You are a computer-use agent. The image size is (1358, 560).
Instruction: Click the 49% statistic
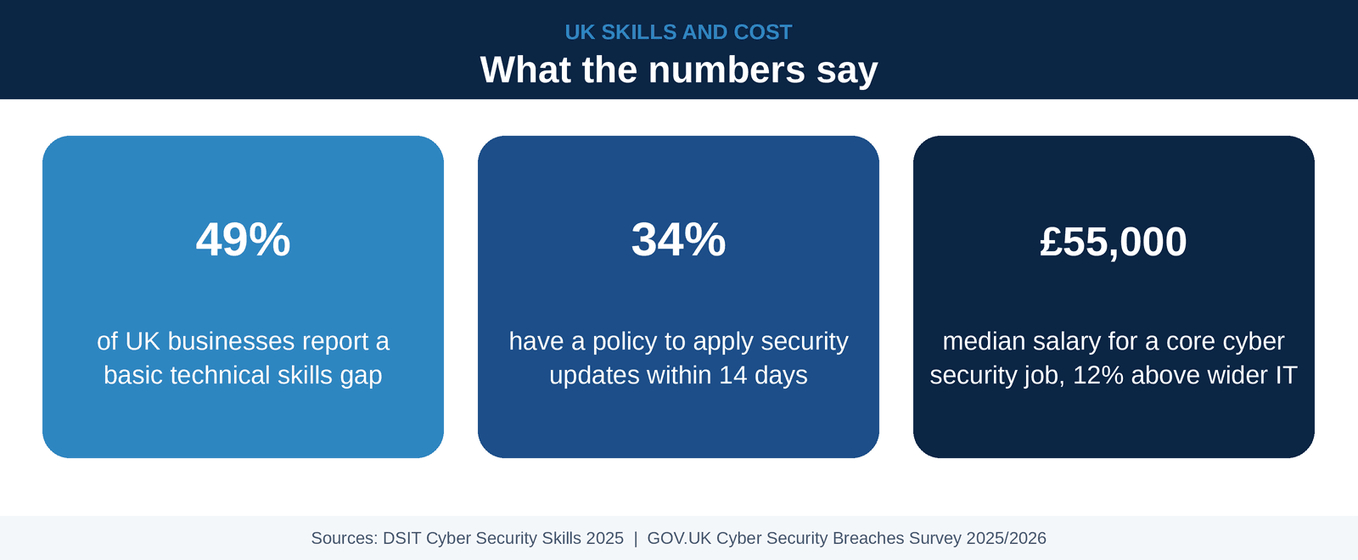pos(243,240)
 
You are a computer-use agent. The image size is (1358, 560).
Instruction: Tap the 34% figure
pos(678,240)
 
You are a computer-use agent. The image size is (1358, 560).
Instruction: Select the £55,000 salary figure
pos(1114,242)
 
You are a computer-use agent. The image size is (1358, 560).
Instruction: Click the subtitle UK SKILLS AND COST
pos(678,32)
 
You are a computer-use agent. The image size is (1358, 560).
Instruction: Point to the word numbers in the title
pos(727,70)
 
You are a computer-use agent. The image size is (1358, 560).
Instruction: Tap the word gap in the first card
pos(362,376)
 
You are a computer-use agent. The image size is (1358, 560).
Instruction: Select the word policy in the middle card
pos(625,342)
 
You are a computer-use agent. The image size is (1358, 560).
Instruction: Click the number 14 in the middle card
pos(732,375)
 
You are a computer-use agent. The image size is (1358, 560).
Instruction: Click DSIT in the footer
pos(402,538)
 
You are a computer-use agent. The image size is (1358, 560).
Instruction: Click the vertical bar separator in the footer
pos(636,539)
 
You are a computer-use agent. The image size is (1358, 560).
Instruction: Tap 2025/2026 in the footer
pos(1007,538)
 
